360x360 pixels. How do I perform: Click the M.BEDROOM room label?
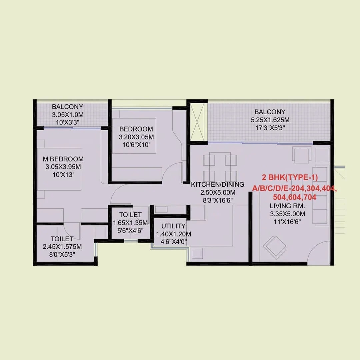pyautogui.click(x=63, y=159)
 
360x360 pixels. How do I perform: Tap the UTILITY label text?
pyautogui.click(x=173, y=226)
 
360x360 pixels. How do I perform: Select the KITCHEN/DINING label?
pyautogui.click(x=217, y=184)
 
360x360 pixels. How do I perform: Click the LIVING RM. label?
pyautogui.click(x=287, y=206)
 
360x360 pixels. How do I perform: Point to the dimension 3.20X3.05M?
pyautogui.click(x=136, y=137)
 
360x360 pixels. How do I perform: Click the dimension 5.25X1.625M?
pyautogui.click(x=270, y=120)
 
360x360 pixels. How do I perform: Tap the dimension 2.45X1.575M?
pyautogui.click(x=62, y=247)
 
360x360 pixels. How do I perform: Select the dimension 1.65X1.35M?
pyautogui.click(x=130, y=223)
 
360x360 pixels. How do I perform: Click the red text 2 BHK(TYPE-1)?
pyautogui.click(x=290, y=177)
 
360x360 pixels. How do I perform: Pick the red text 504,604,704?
pyautogui.click(x=295, y=197)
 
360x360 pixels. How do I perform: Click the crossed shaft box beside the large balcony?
pyautogui.click(x=197, y=122)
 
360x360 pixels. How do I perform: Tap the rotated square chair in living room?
pyautogui.click(x=274, y=247)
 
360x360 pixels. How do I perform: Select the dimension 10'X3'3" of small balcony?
pyautogui.click(x=68, y=122)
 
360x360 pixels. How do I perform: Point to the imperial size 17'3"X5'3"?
pyautogui.click(x=270, y=128)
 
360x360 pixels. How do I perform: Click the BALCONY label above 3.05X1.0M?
pyautogui.click(x=67, y=107)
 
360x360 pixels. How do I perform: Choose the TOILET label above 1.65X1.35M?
pyautogui.click(x=130, y=215)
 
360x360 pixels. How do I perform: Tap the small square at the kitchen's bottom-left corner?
pyautogui.click(x=197, y=253)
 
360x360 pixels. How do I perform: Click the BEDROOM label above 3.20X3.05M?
pyautogui.click(x=136, y=129)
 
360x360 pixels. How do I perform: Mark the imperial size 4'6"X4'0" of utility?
pyautogui.click(x=174, y=242)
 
